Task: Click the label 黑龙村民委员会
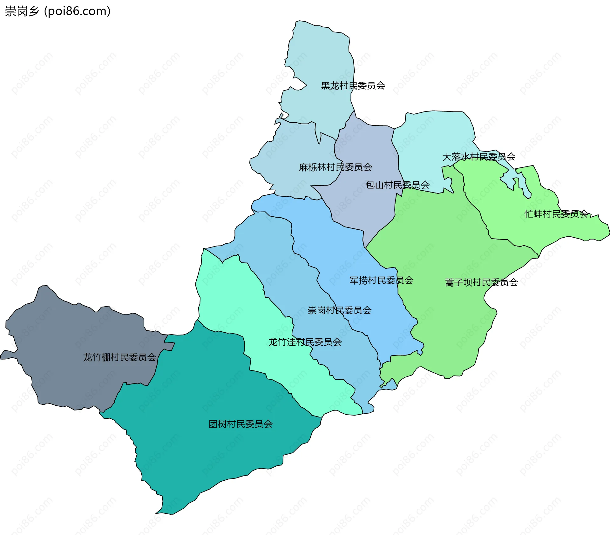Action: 353,86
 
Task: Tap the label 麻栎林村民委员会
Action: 335,167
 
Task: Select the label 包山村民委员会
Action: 397,185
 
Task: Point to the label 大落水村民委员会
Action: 479,157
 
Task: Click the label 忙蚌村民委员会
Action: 556,214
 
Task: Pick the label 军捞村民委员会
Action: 381,280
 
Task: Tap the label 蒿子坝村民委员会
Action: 481,282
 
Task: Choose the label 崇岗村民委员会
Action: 339,310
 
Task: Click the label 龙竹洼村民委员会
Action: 305,342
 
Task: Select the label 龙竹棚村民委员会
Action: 119,357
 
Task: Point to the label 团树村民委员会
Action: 241,424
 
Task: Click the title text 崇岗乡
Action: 22,11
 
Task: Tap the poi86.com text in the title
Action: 77,11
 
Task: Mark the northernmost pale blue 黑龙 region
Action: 321,57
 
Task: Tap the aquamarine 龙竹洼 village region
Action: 229,295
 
